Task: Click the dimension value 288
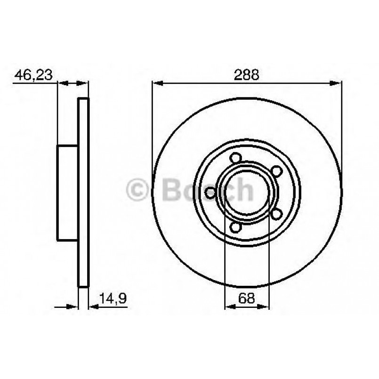pos(247,74)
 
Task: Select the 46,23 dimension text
pos(33,74)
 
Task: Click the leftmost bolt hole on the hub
pos(210,192)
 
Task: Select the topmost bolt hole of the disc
pos(234,159)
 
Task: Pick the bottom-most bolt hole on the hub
pos(234,227)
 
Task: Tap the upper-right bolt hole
pos(278,170)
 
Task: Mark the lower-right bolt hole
pos(277,214)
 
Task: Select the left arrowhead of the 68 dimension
pos(229,306)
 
